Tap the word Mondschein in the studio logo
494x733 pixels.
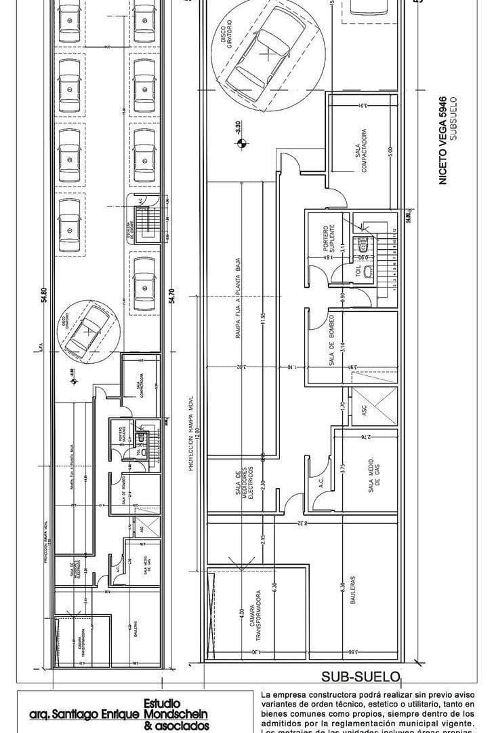click(x=176, y=714)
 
